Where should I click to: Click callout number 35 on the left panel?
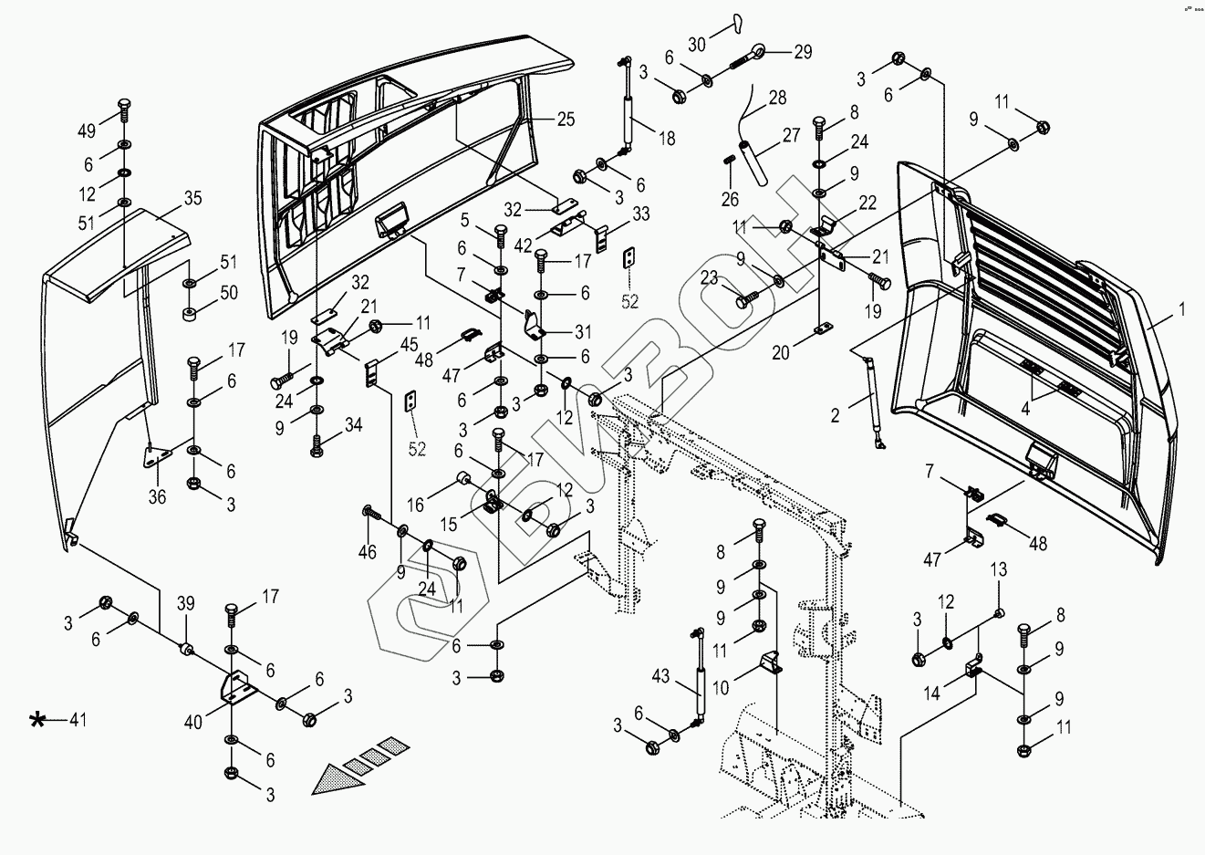[x=192, y=198]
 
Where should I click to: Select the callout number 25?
[x=566, y=120]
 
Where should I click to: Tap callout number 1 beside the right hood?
[x=1181, y=310]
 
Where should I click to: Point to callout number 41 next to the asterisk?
[x=78, y=721]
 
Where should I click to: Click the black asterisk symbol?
[x=37, y=721]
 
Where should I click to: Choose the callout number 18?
[x=667, y=140]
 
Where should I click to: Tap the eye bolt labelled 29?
[x=760, y=51]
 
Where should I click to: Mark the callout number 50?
[x=228, y=293]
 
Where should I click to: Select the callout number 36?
[x=159, y=497]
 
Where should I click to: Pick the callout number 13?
[x=999, y=569]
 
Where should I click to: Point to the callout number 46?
[x=367, y=551]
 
